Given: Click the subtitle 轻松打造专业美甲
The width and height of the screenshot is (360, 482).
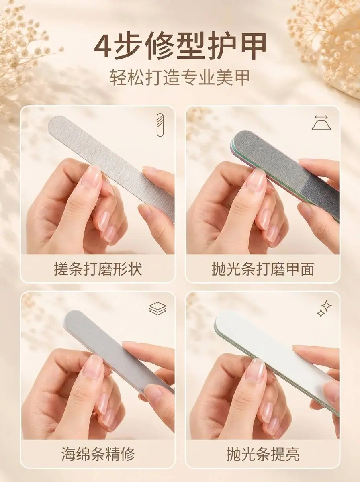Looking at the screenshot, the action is [x=180, y=78].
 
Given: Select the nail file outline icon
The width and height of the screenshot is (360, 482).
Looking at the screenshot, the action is [x=160, y=125].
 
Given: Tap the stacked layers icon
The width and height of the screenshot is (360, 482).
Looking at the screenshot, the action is [x=158, y=308].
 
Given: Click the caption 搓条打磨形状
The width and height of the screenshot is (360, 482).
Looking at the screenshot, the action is [x=98, y=269].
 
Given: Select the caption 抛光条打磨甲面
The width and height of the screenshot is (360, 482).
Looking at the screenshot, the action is [x=263, y=269].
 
